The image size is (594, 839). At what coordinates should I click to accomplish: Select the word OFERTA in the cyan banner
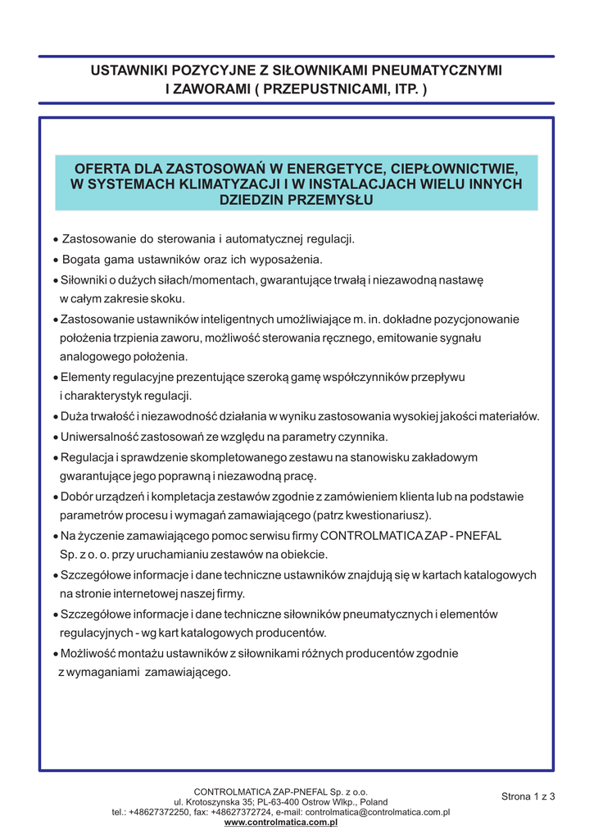(x=103, y=169)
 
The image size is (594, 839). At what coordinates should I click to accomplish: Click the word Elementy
(x=86, y=377)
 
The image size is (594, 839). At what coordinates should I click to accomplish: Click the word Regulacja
(x=88, y=456)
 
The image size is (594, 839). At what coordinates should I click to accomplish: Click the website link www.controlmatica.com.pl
(x=280, y=822)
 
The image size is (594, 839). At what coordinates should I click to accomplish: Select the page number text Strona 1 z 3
(x=528, y=796)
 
